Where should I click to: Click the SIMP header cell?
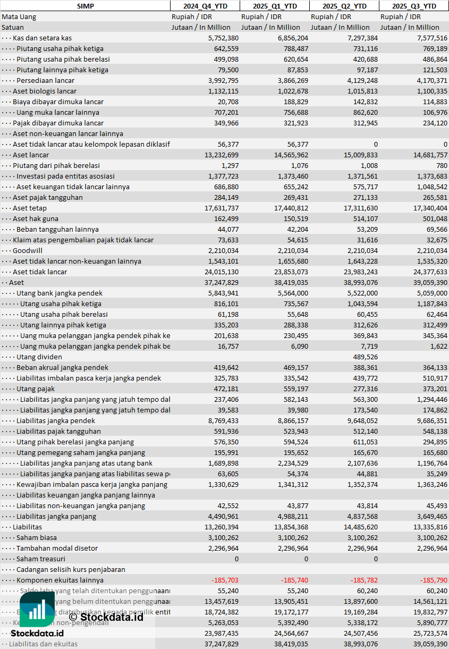click(x=85, y=6)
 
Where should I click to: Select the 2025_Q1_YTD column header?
click(x=274, y=6)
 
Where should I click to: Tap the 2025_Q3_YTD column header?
click(x=414, y=6)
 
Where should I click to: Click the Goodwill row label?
click(x=28, y=250)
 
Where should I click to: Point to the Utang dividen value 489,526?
click(x=365, y=357)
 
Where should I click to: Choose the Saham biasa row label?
click(x=36, y=537)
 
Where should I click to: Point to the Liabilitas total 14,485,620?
click(x=358, y=527)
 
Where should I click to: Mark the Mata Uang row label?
click(x=19, y=16)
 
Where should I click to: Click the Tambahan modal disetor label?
click(x=57, y=548)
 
